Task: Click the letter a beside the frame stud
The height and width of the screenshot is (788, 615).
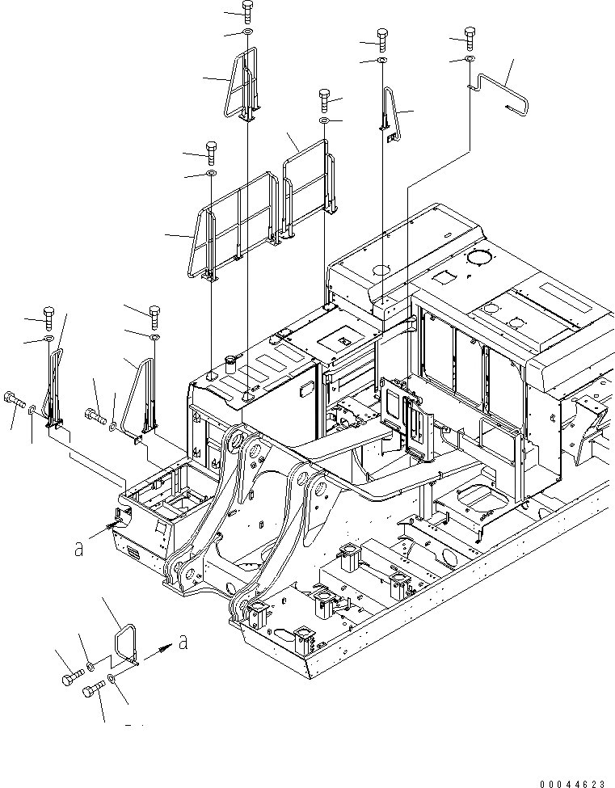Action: [x=78, y=549]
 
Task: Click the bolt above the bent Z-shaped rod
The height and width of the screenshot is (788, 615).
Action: [x=469, y=35]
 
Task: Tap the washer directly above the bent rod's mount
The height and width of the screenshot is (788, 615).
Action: [x=469, y=59]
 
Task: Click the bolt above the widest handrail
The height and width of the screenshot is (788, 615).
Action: [x=211, y=150]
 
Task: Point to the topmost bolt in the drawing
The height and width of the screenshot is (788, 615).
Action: [x=247, y=11]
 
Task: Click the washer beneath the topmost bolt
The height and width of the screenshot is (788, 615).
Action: [x=247, y=32]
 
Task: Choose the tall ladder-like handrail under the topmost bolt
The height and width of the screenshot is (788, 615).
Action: [x=245, y=85]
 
